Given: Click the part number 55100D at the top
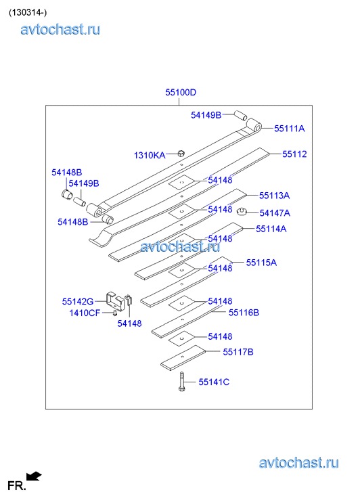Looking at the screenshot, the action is coord(181,92).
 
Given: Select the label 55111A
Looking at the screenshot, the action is coord(290,129).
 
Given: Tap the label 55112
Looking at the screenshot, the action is coord(294,154).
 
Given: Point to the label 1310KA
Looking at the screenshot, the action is coord(150,156).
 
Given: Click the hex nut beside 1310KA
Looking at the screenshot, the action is coord(181,153).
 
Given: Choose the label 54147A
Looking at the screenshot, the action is coord(275,213).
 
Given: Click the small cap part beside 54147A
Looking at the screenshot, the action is coord(242,211).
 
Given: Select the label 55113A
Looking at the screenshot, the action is coord(274,196).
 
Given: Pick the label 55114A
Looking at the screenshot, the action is coord(271,229).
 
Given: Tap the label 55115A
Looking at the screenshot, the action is coord(261,263).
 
